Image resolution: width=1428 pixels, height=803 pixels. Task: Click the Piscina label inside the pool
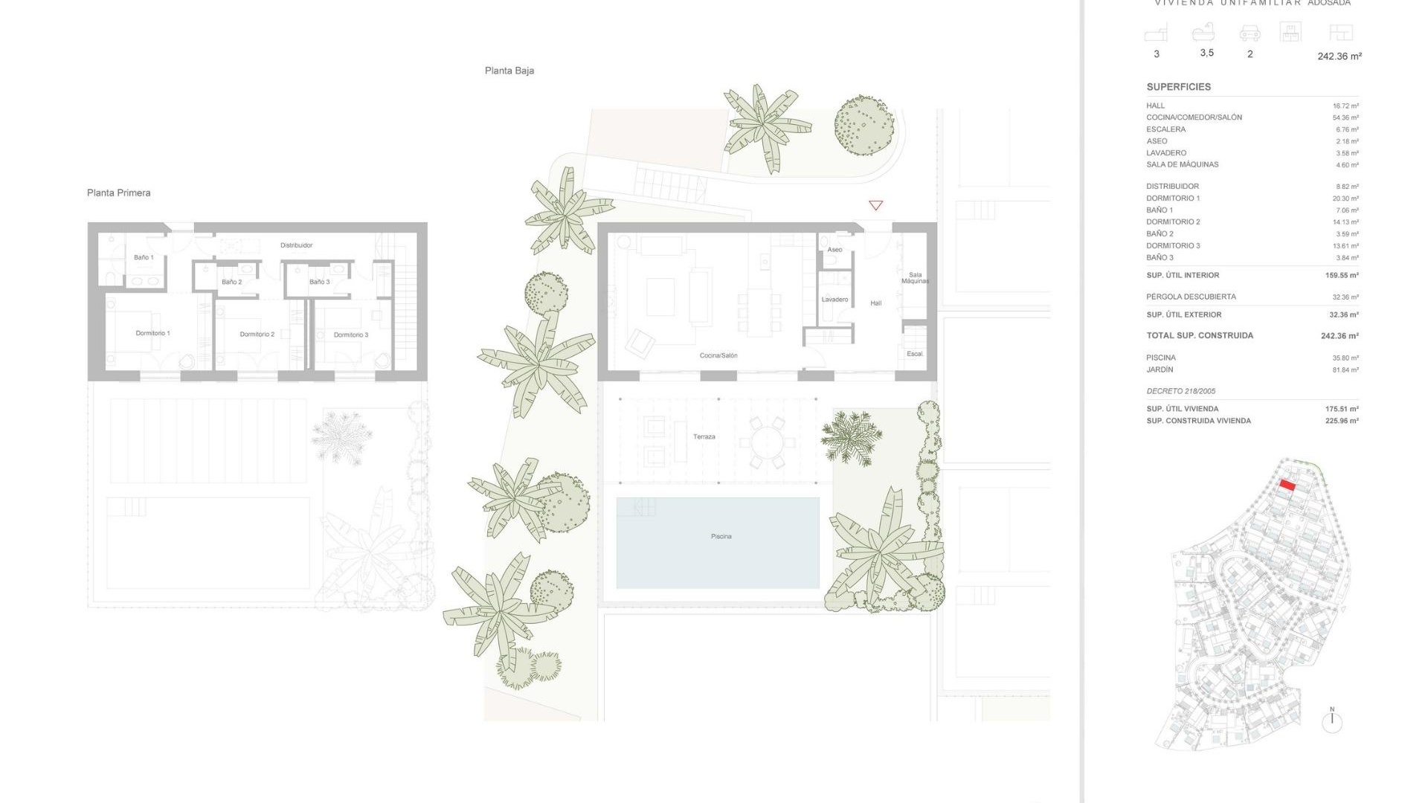(721, 536)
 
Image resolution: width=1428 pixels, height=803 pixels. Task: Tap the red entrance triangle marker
(875, 205)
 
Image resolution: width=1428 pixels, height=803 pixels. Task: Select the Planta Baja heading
(509, 71)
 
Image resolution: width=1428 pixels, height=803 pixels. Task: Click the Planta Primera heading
(118, 193)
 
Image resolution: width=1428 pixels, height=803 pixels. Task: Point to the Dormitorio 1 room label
(152, 333)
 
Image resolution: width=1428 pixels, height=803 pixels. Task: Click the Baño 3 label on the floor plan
(319, 282)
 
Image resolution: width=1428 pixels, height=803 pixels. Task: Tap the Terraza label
(704, 436)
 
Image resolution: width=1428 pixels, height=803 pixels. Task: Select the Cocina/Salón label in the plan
(718, 355)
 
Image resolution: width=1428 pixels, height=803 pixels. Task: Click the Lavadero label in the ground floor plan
(834, 300)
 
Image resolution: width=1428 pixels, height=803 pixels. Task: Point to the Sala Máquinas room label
(915, 278)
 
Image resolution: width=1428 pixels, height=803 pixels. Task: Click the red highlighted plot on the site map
(1287, 486)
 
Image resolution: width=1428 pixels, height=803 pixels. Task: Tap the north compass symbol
(1331, 721)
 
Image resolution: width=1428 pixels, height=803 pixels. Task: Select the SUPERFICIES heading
(1178, 87)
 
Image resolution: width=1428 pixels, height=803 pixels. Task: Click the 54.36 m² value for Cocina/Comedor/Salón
(1345, 117)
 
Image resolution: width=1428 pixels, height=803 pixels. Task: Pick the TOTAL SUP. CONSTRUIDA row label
(1199, 335)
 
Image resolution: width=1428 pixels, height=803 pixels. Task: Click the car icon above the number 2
(1249, 33)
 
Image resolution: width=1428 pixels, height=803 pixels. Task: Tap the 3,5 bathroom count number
(1206, 53)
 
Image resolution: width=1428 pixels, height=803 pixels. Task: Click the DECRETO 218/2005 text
(1180, 391)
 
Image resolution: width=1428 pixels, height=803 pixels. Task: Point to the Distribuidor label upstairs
(296, 245)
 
